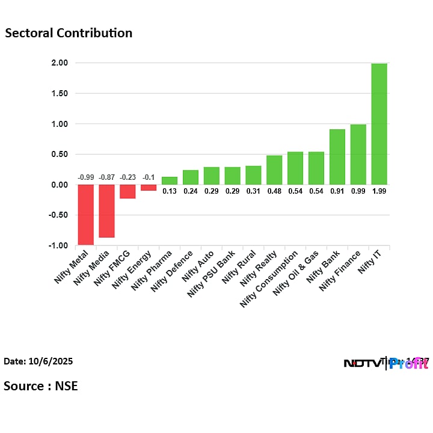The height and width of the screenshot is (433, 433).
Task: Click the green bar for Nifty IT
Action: tap(379, 124)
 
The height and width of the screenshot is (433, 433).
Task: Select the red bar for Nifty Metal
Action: tap(85, 215)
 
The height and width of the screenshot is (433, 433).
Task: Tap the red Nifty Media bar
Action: tap(106, 211)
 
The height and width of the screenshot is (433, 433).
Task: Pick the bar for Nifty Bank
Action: tap(337, 157)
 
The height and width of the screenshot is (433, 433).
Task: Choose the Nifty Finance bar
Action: tap(358, 155)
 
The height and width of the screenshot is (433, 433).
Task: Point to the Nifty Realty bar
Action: tap(274, 170)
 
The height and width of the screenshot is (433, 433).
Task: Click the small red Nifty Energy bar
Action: tap(149, 188)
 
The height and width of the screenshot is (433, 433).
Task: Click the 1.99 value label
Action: tap(379, 191)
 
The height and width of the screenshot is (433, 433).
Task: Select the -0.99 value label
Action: tap(85, 177)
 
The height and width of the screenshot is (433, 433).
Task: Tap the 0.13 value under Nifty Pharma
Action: tap(170, 191)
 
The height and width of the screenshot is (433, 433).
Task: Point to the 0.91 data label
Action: tap(337, 191)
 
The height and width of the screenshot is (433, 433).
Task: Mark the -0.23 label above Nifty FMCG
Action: tap(127, 177)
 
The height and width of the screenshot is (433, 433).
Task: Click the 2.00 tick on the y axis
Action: tap(59, 63)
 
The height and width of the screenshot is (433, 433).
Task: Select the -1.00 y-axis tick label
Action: tap(58, 245)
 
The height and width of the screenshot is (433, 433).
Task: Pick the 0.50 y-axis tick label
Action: tap(59, 155)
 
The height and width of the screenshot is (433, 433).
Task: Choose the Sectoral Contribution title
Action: tap(69, 33)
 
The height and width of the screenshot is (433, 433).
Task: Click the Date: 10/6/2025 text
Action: tap(38, 361)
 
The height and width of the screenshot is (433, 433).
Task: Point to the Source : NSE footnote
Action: tap(41, 385)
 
